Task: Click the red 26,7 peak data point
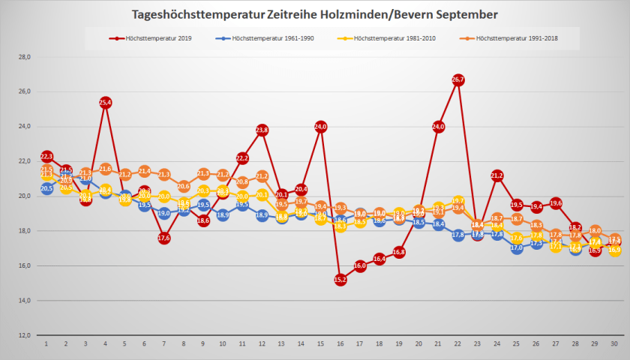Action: coord(457,79)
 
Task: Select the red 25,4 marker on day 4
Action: coord(106,102)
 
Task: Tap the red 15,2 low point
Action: coord(340,280)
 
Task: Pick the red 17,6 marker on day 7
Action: coord(164,238)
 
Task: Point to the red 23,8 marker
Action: coord(262,130)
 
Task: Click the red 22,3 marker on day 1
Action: coord(46,156)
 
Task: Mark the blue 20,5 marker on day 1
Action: coord(46,188)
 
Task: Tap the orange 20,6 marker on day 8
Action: coord(184,186)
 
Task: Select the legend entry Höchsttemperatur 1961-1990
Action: coord(265,37)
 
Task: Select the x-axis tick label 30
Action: coord(613,344)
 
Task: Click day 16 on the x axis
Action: coord(340,344)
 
